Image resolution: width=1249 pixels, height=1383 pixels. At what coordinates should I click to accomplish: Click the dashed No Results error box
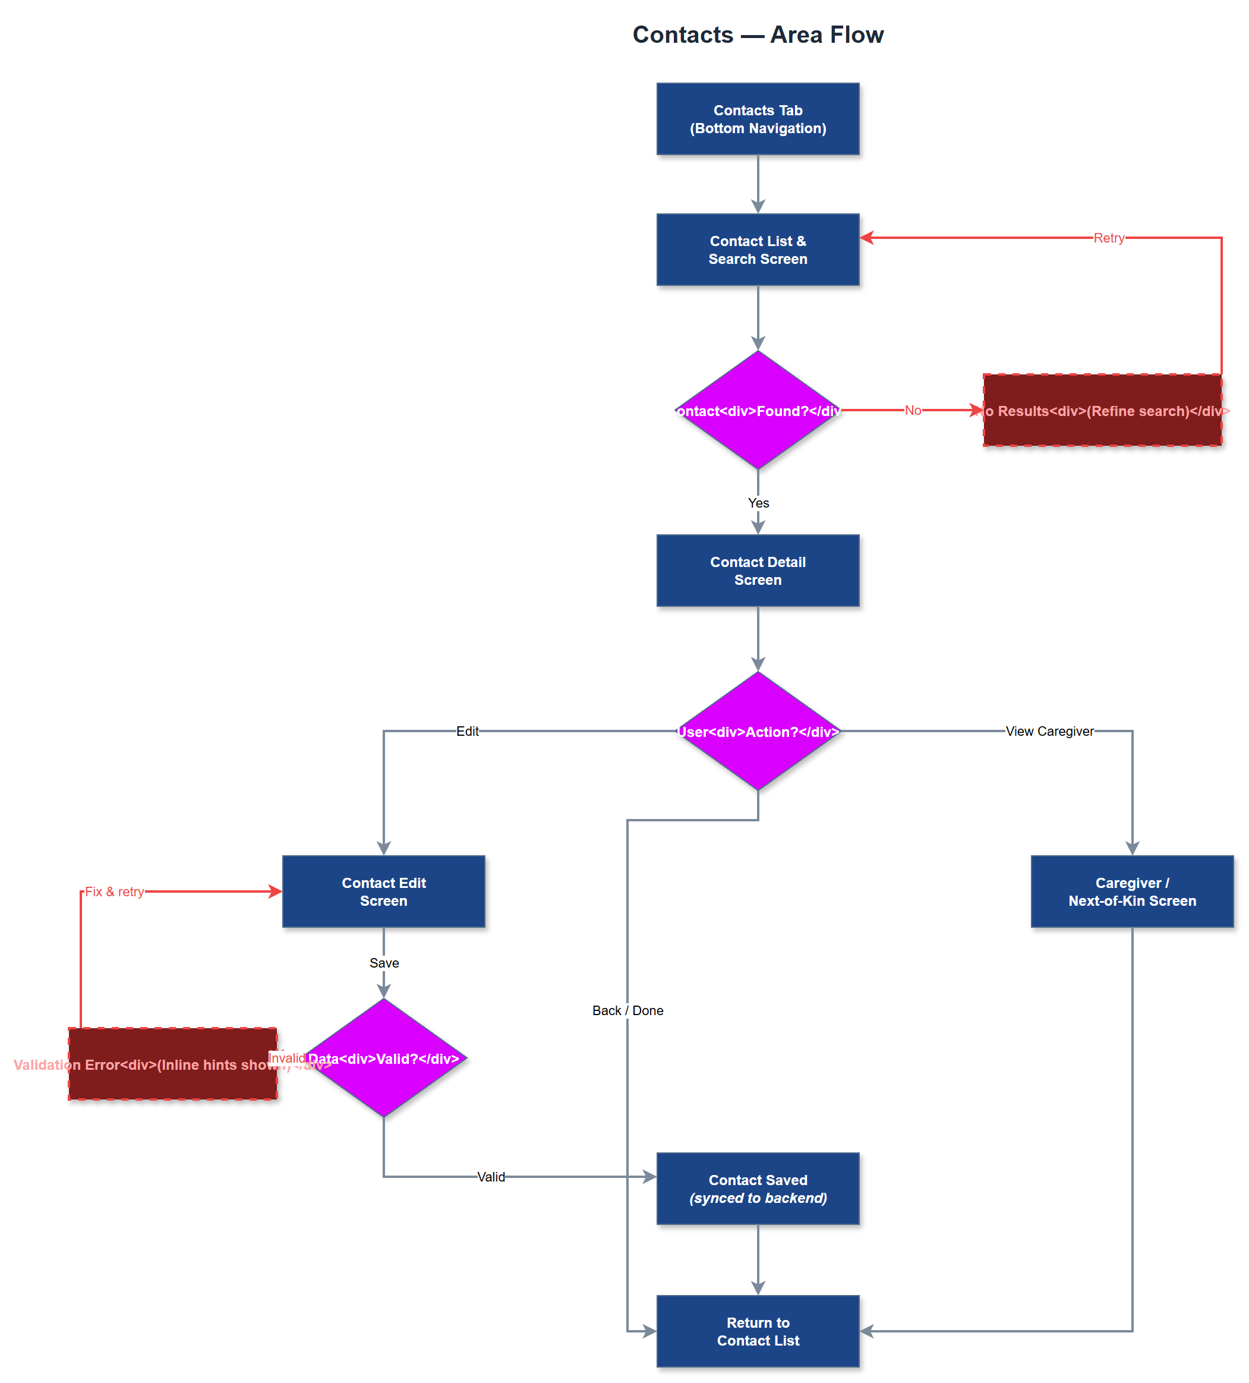coord(1102,410)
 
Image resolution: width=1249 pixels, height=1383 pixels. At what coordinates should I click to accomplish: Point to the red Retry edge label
coord(1108,238)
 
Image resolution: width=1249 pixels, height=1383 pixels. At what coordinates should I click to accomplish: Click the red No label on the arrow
coord(912,410)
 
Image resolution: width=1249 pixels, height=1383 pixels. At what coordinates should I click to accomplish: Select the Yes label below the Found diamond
coord(758,503)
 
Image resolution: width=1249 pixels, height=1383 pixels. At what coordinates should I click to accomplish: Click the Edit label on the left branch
coord(467,731)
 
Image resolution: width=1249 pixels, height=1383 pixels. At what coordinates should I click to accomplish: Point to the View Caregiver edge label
coord(1049,731)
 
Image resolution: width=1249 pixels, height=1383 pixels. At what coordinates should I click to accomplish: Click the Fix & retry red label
coord(114,892)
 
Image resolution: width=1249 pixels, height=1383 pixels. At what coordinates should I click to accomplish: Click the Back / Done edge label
coord(627,1010)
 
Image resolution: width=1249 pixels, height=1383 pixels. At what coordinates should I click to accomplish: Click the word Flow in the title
coord(855,34)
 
